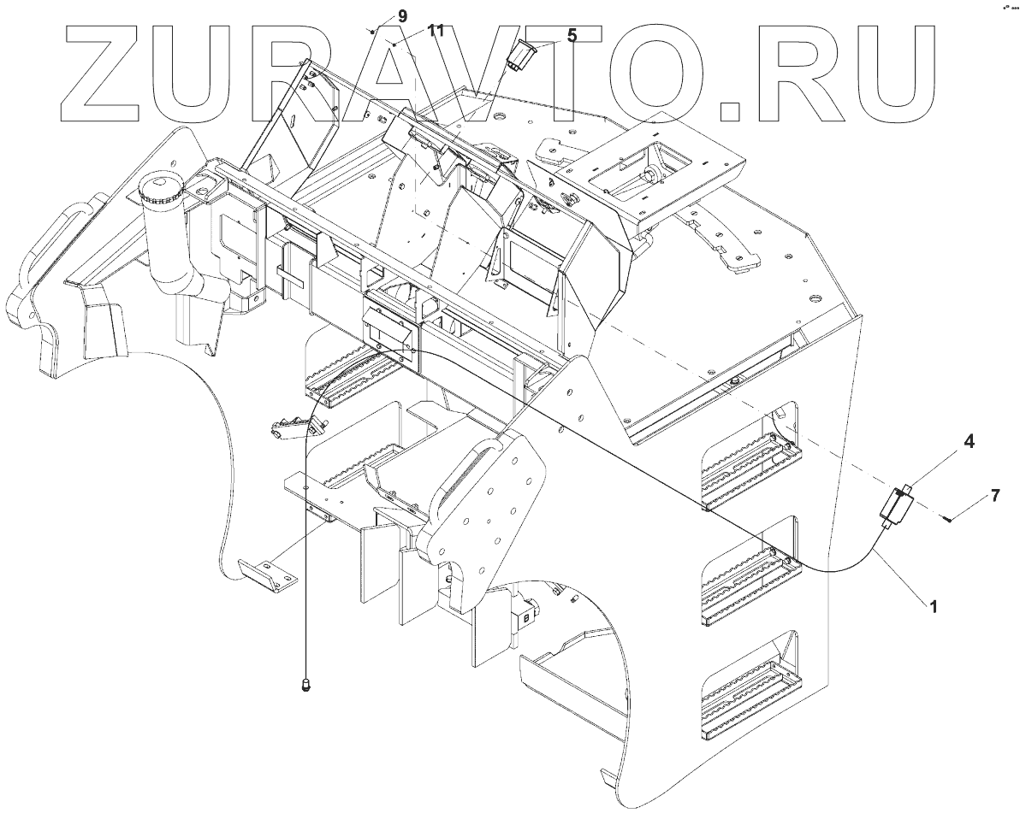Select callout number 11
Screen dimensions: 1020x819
(x=436, y=31)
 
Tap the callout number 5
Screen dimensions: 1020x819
(x=571, y=35)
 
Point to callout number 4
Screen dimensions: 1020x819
(x=944, y=441)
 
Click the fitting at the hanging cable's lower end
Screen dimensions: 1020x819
(x=306, y=683)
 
